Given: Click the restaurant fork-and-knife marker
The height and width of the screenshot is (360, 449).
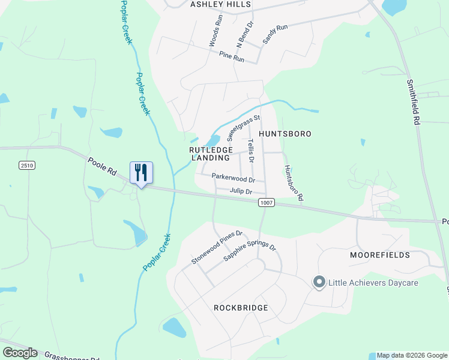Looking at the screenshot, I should click(141, 173).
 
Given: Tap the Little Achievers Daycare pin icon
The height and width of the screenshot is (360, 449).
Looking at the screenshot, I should click(319, 282).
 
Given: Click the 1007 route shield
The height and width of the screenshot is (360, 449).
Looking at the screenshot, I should click(267, 203).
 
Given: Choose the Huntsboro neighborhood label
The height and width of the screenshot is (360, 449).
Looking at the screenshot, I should click(285, 134).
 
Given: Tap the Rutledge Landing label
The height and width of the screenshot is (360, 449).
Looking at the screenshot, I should click(210, 154).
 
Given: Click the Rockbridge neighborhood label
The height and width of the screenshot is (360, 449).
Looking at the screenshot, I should click(241, 308).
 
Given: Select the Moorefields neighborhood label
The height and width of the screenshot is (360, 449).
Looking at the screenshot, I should click(380, 255).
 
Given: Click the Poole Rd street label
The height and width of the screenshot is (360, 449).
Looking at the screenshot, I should click(101, 166).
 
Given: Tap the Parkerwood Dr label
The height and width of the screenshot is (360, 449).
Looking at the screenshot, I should click(234, 178).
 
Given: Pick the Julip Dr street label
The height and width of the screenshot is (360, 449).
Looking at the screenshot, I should click(240, 191).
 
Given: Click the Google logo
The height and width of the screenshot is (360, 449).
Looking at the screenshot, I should click(20, 353).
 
